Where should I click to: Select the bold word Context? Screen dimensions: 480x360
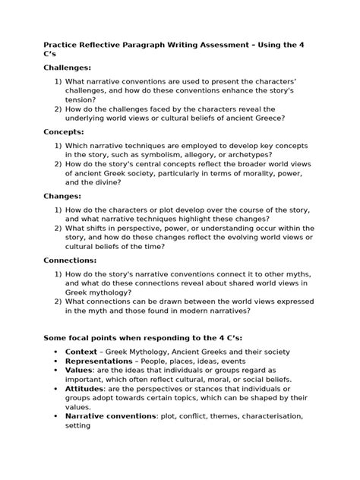click(81, 352)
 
